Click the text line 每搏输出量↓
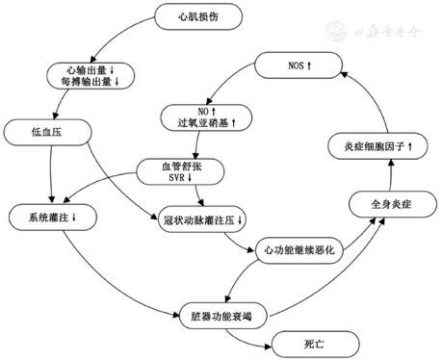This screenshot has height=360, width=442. point(91,83)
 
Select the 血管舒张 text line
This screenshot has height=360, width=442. point(180,166)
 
